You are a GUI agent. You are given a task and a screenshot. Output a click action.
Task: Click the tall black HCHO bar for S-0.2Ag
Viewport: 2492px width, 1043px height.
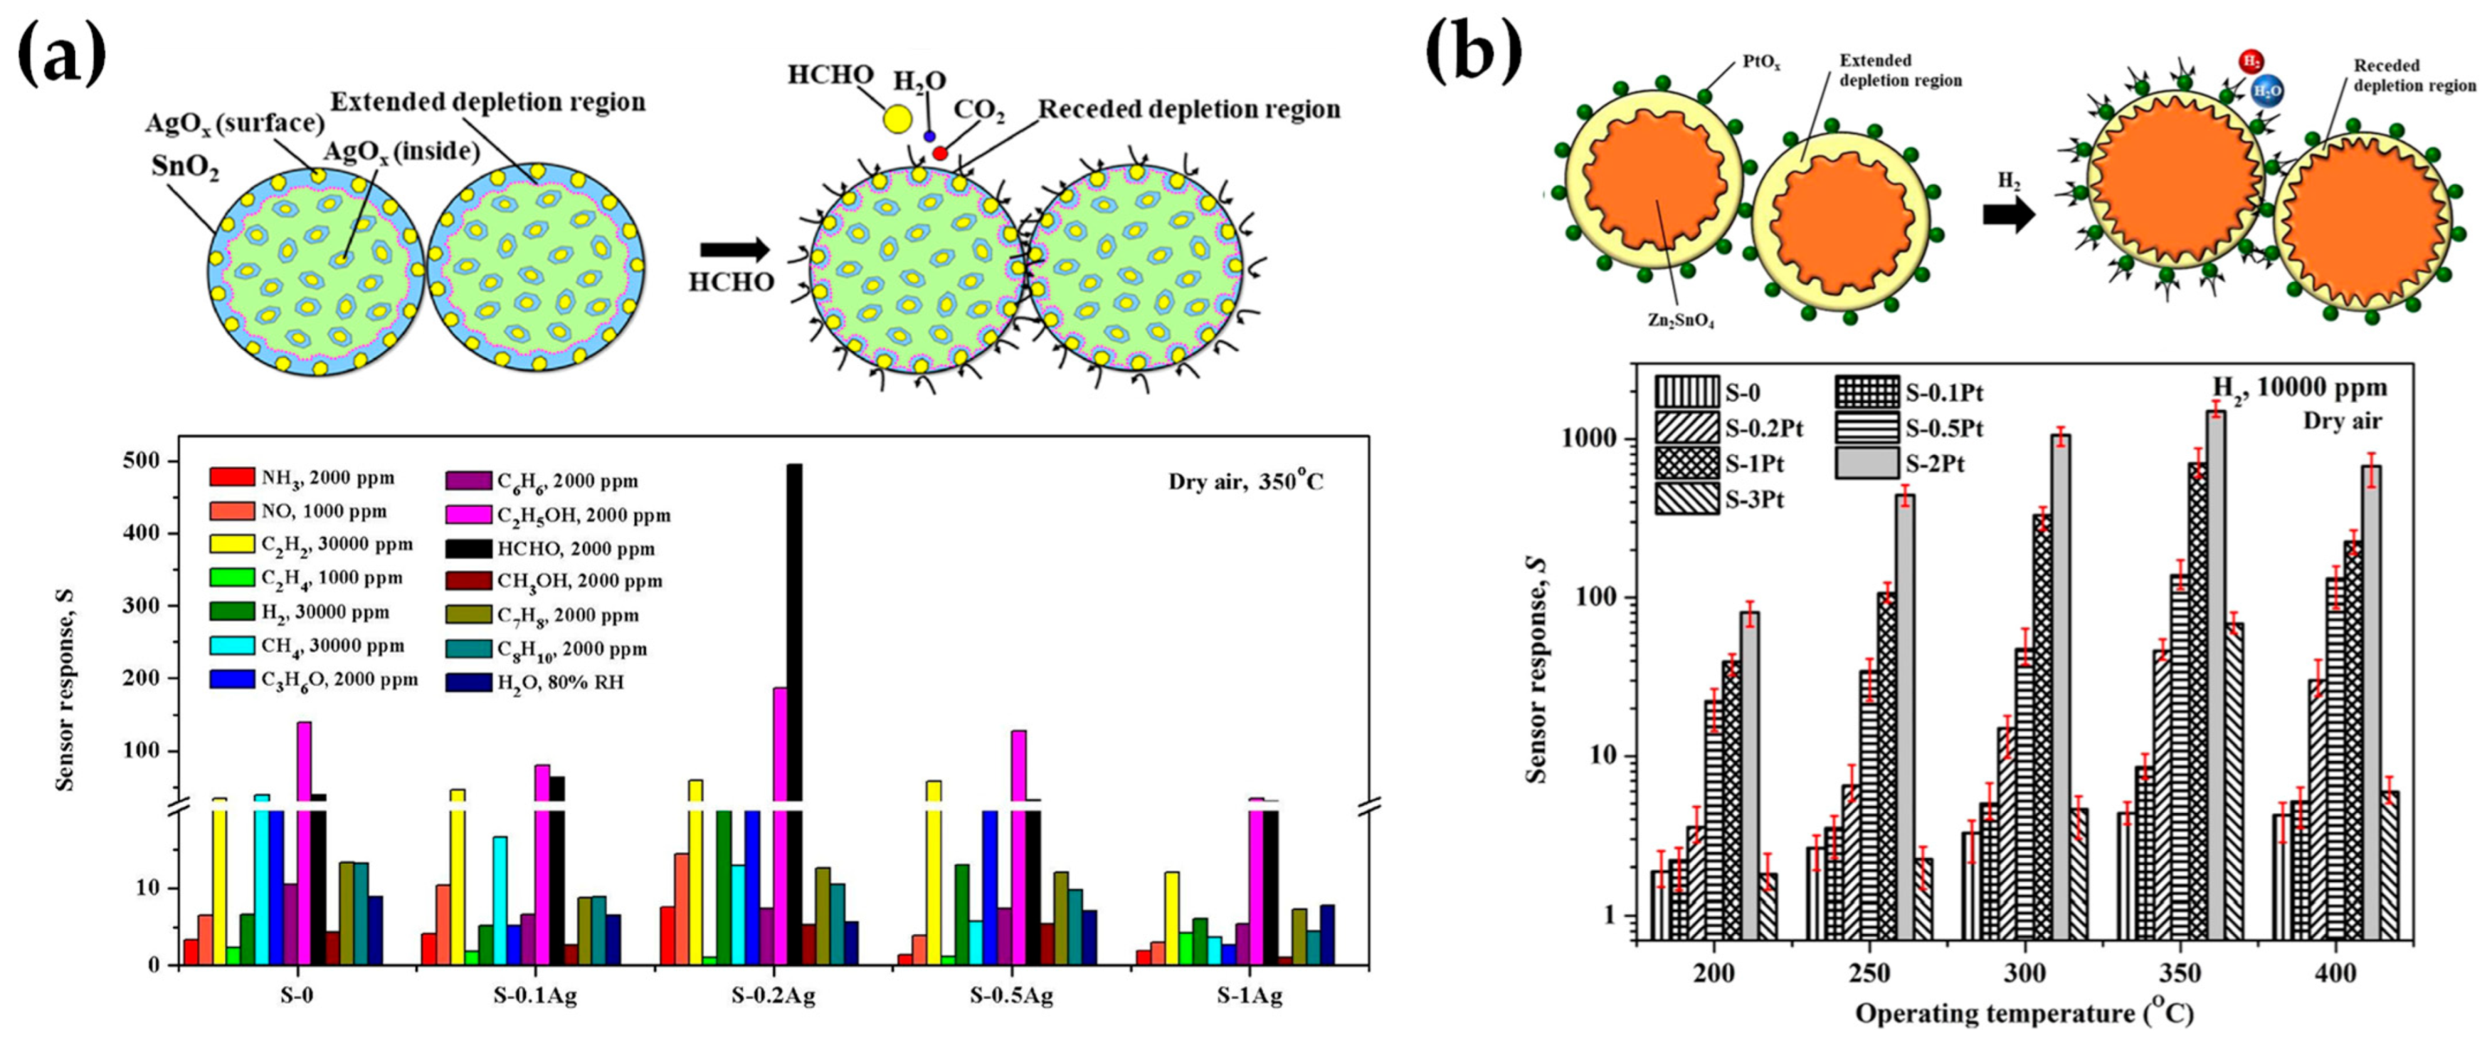pyautogui.click(x=794, y=629)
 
